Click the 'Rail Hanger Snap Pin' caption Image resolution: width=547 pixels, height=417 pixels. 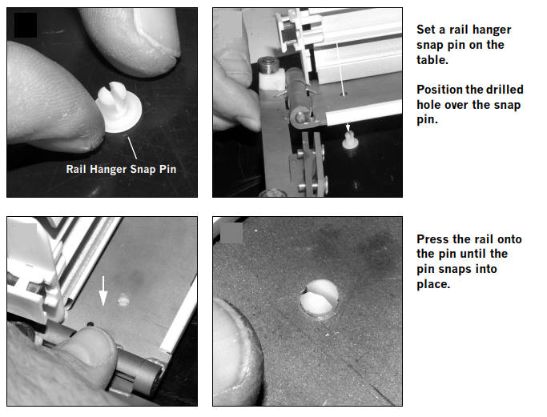pyautogui.click(x=121, y=169)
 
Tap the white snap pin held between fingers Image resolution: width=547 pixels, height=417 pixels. pyautogui.click(x=119, y=106)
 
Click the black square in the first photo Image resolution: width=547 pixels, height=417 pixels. pyautogui.click(x=26, y=25)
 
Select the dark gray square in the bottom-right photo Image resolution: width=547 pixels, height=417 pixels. pyautogui.click(x=231, y=233)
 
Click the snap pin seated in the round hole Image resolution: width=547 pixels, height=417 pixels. pyautogui.click(x=320, y=298)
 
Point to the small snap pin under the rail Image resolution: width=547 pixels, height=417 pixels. pyautogui.click(x=349, y=140)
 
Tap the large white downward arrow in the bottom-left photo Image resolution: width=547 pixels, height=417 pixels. pyautogui.click(x=103, y=291)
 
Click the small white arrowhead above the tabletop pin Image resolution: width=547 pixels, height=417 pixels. pyautogui.click(x=348, y=127)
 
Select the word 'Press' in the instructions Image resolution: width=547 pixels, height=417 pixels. pyautogui.click(x=432, y=239)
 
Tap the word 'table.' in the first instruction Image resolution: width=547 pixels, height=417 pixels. pyautogui.click(x=432, y=59)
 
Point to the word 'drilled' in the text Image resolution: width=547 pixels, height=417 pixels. pyautogui.click(x=505, y=90)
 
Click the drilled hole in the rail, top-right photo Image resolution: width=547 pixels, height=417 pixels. pyautogui.click(x=344, y=94)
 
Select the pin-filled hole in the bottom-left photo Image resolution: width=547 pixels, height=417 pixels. pyautogui.click(x=123, y=299)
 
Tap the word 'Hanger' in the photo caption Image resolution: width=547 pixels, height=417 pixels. pyautogui.click(x=108, y=169)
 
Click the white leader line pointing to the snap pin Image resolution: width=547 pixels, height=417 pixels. pyautogui.click(x=132, y=147)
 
